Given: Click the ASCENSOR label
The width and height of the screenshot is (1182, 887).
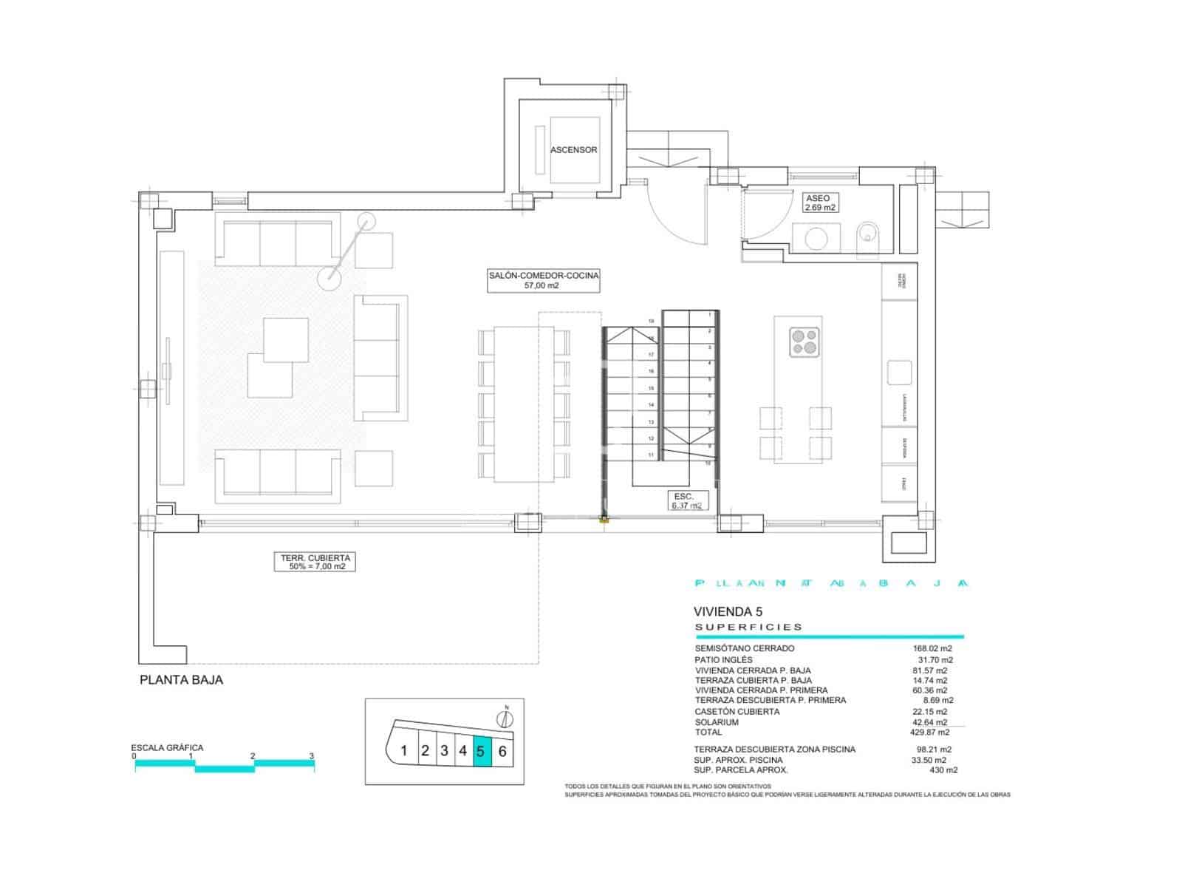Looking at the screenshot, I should tap(573, 149).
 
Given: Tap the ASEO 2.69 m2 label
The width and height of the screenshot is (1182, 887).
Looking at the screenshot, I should tap(820, 203).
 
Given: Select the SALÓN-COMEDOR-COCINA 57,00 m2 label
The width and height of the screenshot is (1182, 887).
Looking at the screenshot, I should tap(543, 280).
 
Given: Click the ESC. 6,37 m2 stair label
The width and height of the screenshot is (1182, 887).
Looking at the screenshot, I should tap(685, 500).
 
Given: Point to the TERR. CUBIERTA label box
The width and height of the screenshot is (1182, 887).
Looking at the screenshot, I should tap(315, 562).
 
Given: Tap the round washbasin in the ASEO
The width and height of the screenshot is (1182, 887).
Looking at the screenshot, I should tap(816, 239).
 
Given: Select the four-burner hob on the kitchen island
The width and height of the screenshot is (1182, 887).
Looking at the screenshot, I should tap(804, 341).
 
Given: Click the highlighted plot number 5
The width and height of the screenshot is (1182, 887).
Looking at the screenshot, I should tap(481, 752).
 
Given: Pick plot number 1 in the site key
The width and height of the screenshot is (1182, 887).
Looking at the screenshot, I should tap(403, 752).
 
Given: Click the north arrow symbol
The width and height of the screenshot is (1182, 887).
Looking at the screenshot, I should tap(507, 718).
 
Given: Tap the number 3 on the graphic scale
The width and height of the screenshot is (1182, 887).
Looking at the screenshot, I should tap(312, 756).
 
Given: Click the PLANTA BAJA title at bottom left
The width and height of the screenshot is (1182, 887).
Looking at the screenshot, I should tap(181, 680).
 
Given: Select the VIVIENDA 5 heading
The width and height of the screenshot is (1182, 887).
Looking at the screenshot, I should tap(728, 612).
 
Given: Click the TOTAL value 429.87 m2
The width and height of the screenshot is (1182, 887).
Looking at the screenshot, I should tap(929, 732).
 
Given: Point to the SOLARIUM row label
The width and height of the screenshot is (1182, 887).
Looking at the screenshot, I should tap(716, 722).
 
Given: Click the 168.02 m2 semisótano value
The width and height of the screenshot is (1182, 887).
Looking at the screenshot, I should tap(932, 648).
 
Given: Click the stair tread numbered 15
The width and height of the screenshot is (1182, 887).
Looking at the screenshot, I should tap(651, 388).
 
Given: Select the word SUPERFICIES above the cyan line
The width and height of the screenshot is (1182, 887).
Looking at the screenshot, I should tap(748, 627).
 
